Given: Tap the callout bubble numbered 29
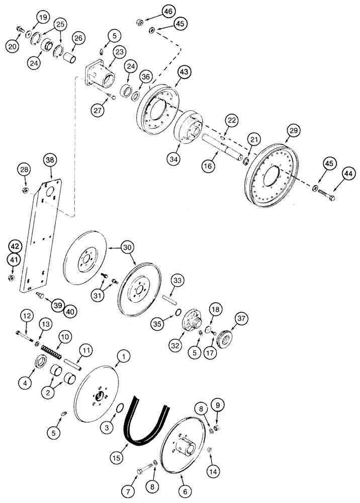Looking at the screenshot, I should coord(292,131).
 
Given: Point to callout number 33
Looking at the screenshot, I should coord(177,280).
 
